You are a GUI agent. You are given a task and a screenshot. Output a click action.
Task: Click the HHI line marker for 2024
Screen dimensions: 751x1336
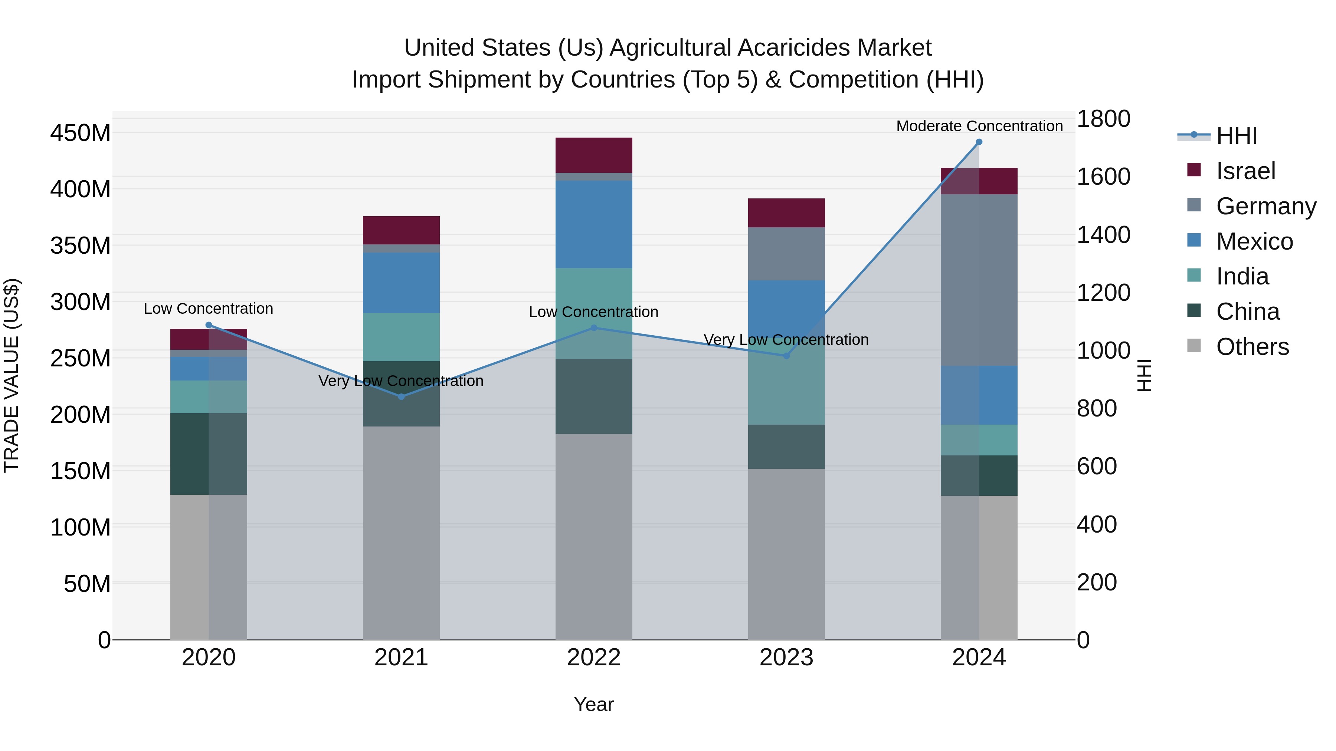pos(979,142)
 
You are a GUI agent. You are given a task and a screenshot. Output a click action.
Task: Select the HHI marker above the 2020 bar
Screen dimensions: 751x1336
pos(209,325)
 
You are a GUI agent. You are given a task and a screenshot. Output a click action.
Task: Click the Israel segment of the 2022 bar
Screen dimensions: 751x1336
pos(593,155)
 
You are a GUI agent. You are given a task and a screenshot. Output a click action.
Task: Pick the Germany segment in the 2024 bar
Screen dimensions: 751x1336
pos(979,280)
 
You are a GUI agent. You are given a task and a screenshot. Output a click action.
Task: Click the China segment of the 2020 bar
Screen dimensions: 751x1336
pos(209,454)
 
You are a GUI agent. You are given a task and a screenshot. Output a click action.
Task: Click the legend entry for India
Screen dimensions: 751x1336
pos(1242,276)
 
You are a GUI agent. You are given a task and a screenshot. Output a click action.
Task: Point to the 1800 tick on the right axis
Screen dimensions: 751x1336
pos(1103,119)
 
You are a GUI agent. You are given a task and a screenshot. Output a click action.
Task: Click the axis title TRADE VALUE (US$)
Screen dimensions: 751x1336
pos(12,375)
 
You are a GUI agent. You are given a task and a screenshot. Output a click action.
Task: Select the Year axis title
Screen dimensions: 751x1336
pos(593,704)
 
